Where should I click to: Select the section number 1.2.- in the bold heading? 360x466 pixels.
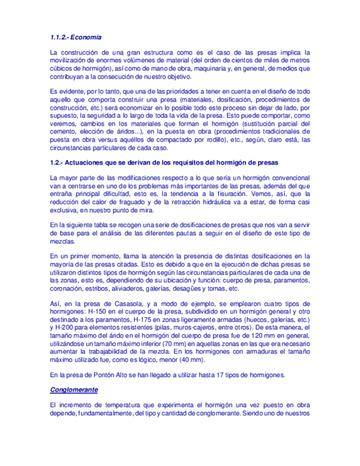[x=57, y=163]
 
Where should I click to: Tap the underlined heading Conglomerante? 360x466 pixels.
[x=74, y=390]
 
